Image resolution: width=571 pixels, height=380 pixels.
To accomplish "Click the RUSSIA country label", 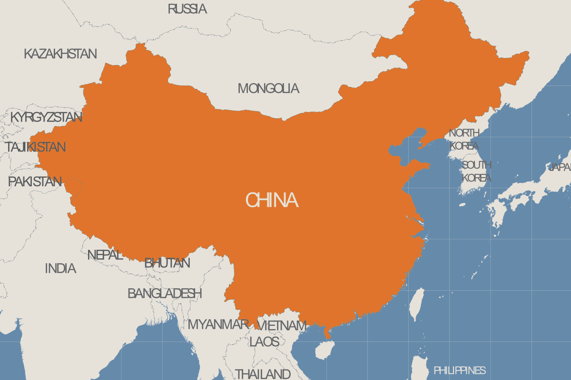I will coord(187,9).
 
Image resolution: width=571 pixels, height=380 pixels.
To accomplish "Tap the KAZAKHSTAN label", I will coord(60,54).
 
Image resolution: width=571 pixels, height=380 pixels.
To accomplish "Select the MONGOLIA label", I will coord(268,88).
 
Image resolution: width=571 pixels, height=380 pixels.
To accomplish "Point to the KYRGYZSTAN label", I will coord(46,117).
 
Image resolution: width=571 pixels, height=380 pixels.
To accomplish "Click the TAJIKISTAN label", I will coord(36,147).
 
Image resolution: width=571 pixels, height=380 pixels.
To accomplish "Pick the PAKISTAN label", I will coord(35,181).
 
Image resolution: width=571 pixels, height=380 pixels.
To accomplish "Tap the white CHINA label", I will coord(272,200).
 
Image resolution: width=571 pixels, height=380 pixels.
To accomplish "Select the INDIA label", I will coord(60,268).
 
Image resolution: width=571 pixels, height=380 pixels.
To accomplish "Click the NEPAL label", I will coord(105,255).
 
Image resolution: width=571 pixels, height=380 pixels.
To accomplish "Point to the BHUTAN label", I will coord(167,263).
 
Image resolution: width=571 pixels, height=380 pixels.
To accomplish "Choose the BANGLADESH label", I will coord(165,293).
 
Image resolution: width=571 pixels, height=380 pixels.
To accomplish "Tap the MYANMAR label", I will coord(218,324).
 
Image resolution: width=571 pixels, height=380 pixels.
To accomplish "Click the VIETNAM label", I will coord(281,325).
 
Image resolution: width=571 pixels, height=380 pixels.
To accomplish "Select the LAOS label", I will coord(264,341).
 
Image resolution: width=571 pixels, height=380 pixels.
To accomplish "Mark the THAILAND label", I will coord(263,373).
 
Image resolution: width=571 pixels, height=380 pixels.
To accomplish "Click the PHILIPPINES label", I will coord(459,370).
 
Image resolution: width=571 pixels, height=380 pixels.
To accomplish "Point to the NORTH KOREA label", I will coord(464,139).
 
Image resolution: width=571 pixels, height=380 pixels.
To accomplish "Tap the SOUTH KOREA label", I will coord(476,171).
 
